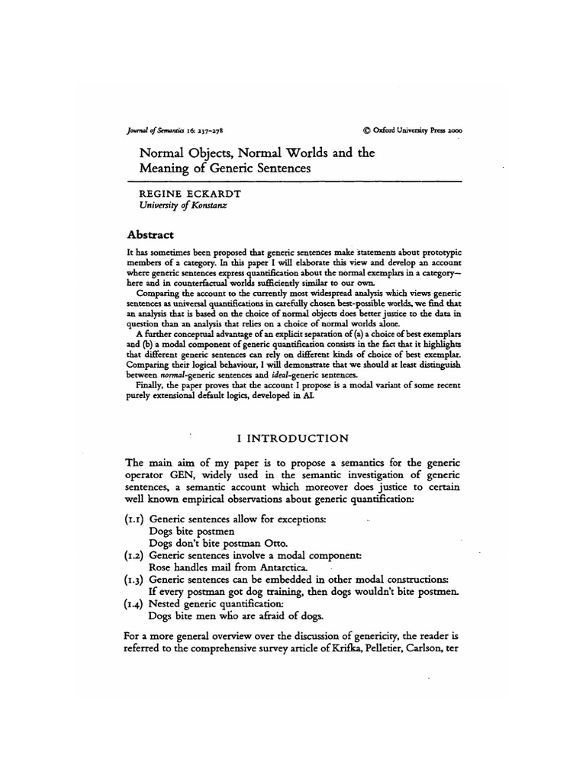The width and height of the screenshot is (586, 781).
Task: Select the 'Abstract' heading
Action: pyautogui.click(x=149, y=234)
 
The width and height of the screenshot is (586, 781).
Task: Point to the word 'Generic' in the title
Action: pyautogui.click(x=230, y=168)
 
